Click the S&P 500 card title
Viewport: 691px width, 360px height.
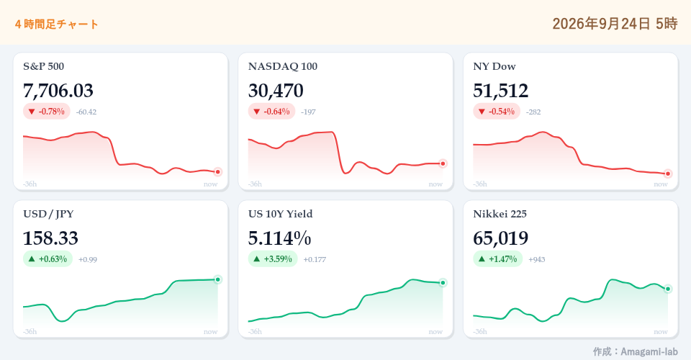coord(44,66)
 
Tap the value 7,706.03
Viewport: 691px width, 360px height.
coord(58,91)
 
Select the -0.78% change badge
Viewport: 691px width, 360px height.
coord(47,112)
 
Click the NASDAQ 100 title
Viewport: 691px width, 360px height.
coord(283,66)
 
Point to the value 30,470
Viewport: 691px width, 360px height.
coord(276,91)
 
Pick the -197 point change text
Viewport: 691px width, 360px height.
coord(309,112)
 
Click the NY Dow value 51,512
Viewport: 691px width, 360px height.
coord(501,91)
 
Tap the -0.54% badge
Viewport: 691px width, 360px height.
coord(497,112)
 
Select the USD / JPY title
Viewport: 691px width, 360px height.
coord(48,214)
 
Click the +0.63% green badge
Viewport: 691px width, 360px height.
coord(48,258)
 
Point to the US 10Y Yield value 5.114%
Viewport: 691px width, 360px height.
coord(279,238)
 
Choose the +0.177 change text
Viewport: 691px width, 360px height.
coord(315,259)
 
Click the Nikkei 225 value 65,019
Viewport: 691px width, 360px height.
coord(501,238)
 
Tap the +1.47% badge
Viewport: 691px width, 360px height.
coord(498,258)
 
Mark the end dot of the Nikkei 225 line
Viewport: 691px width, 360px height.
coord(668,289)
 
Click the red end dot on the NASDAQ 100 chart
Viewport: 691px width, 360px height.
coord(443,163)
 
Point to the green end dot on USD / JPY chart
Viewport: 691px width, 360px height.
coord(217,279)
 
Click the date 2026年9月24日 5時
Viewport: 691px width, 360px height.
coord(615,23)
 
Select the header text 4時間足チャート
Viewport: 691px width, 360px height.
coord(56,24)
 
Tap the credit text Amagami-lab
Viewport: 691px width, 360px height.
coord(649,351)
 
